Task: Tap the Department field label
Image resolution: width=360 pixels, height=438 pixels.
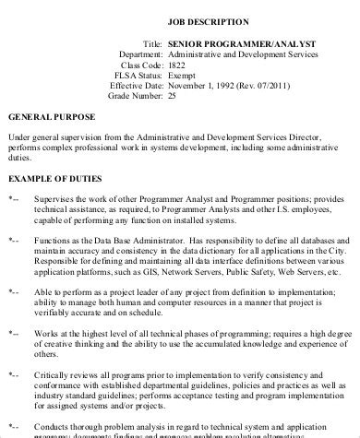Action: [140, 56]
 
